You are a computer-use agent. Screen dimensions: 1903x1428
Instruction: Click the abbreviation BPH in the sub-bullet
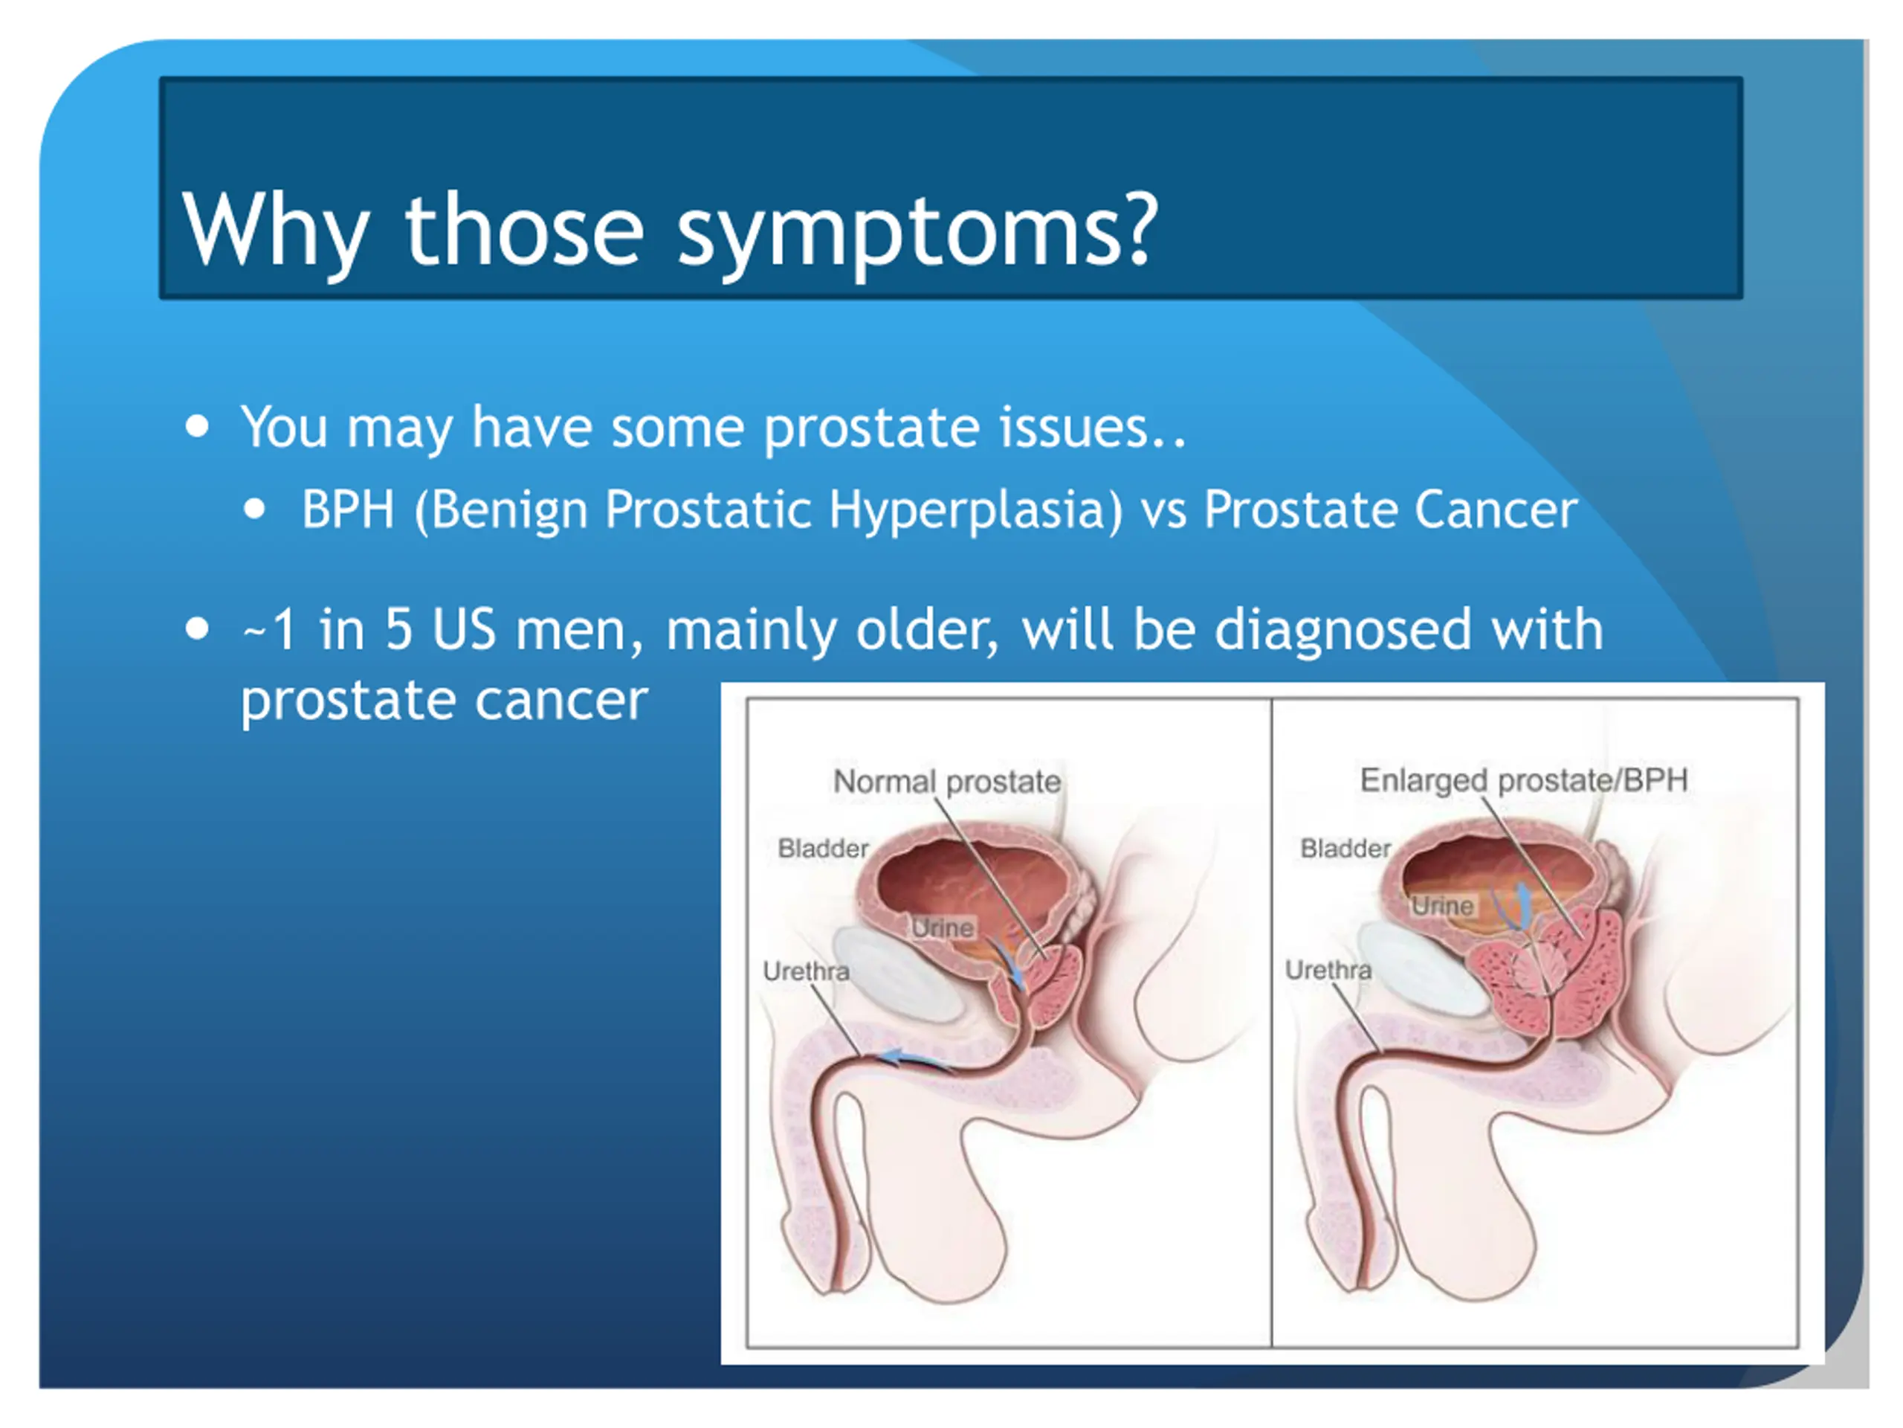coord(349,509)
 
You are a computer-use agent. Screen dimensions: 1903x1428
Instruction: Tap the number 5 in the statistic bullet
coord(398,629)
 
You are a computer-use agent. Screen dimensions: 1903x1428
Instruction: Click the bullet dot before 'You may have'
coord(197,425)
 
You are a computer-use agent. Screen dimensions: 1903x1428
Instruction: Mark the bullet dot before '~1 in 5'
coord(197,628)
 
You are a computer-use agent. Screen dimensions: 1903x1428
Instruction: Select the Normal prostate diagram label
coord(946,782)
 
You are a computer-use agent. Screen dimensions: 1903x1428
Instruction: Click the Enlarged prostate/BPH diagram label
coord(1522,780)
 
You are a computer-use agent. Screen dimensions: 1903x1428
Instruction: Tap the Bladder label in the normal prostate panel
coord(822,849)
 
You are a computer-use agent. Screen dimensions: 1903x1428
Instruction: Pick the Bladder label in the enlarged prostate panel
coord(1345,849)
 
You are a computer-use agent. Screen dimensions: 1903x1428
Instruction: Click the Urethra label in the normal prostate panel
coord(805,971)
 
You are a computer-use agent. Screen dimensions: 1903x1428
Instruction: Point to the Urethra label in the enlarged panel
coord(1328,970)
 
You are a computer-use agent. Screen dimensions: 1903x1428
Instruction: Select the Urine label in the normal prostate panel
coord(942,928)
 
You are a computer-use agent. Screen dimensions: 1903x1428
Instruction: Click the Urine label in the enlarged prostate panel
coord(1442,906)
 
